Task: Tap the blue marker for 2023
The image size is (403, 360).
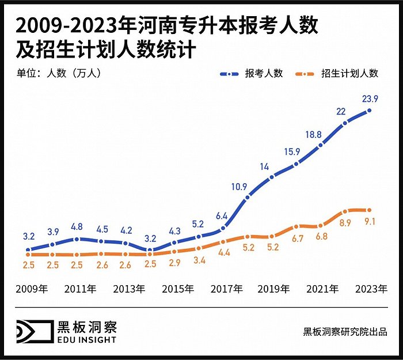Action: [x=369, y=110]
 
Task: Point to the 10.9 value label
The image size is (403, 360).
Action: [x=239, y=186]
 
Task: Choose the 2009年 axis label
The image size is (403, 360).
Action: [x=31, y=289]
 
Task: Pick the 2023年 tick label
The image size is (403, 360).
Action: [x=370, y=289]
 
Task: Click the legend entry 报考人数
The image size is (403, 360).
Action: [x=264, y=73]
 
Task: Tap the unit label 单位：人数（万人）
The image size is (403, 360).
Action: [x=57, y=73]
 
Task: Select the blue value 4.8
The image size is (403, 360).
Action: [x=77, y=226]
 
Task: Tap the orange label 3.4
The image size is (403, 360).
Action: [x=199, y=260]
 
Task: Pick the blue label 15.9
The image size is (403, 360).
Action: [x=290, y=152]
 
